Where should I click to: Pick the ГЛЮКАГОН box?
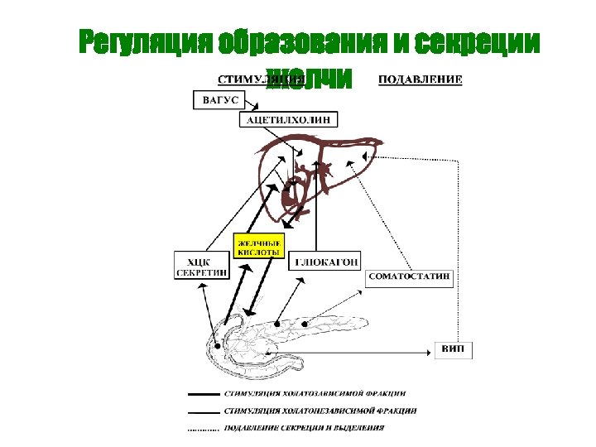[326, 262]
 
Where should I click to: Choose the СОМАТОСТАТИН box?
[410, 276]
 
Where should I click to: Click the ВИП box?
[454, 350]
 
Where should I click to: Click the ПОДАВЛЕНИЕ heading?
[421, 80]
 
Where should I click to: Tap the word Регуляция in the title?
[146, 43]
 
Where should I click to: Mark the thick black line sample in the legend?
[203, 394]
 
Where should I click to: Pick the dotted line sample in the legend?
[203, 429]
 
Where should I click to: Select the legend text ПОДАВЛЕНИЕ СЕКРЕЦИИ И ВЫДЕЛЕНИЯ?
[304, 428]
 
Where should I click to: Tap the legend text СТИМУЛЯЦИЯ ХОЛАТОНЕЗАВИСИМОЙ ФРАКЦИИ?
[320, 411]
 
